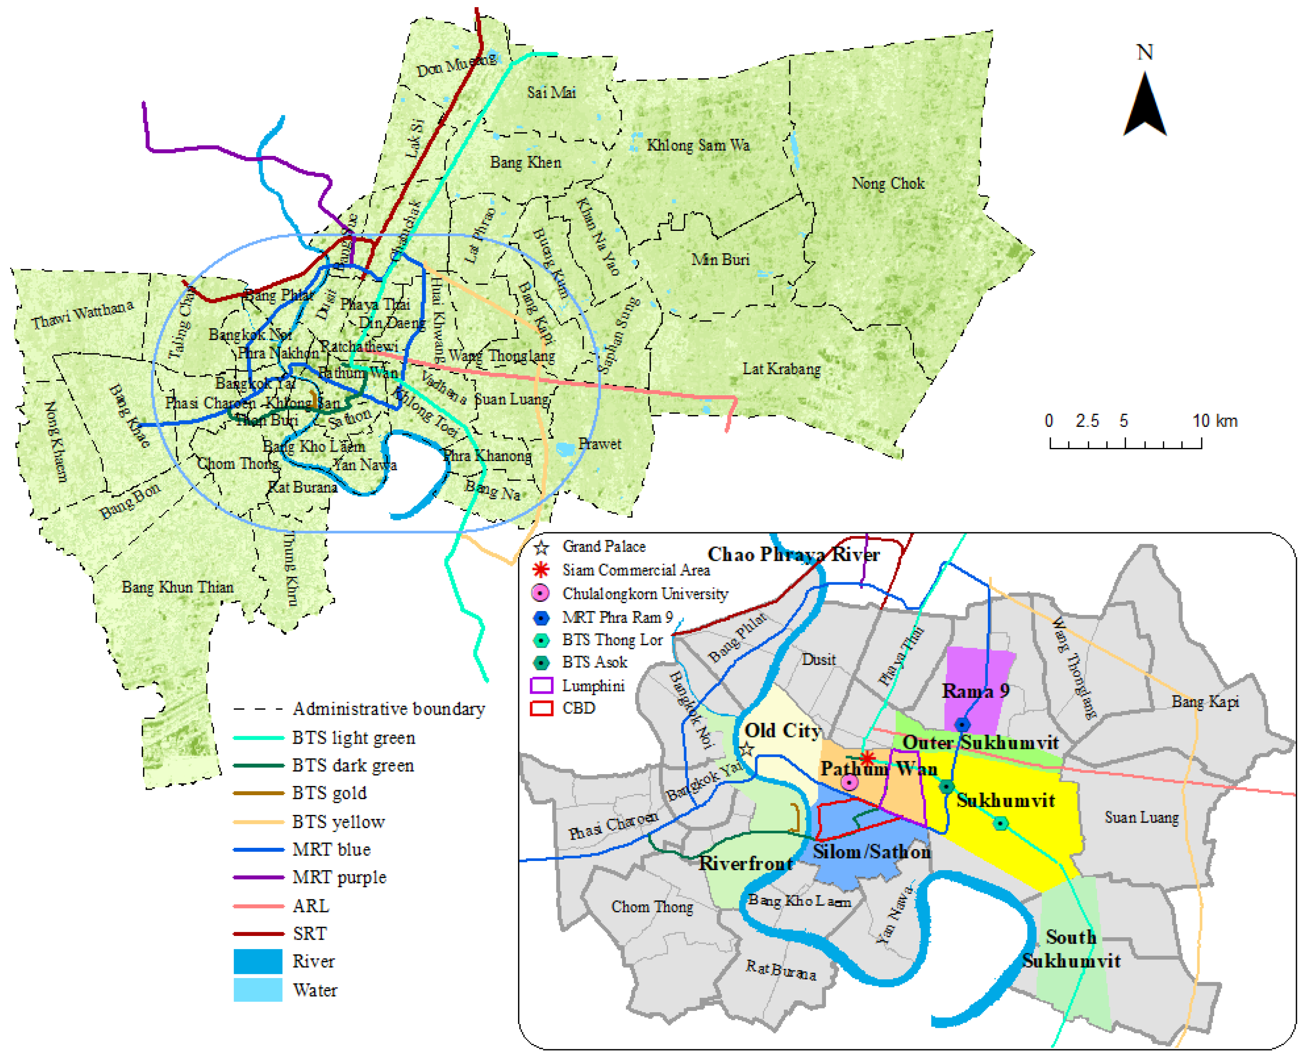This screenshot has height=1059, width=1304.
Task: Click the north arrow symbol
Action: point(1144,104)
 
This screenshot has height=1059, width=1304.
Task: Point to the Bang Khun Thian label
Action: point(177,587)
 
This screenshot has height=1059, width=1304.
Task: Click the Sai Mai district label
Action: point(551,92)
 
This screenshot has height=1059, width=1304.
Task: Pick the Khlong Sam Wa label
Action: point(698,145)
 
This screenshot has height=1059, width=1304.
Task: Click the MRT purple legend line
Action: point(258,877)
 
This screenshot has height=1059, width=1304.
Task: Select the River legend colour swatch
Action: point(258,961)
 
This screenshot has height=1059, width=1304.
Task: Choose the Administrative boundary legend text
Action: point(389,709)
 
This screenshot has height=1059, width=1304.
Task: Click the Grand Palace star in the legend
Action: point(541,547)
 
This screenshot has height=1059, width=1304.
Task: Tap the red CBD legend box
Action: point(541,708)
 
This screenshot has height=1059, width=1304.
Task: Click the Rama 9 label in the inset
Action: point(975,691)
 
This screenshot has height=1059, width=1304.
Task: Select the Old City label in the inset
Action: point(782,730)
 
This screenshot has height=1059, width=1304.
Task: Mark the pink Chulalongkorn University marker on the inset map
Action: point(849,782)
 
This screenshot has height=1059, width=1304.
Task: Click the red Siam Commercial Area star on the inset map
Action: point(867,758)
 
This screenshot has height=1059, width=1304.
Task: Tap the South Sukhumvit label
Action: point(1071,949)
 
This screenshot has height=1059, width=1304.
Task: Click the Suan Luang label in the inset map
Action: point(1141,818)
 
